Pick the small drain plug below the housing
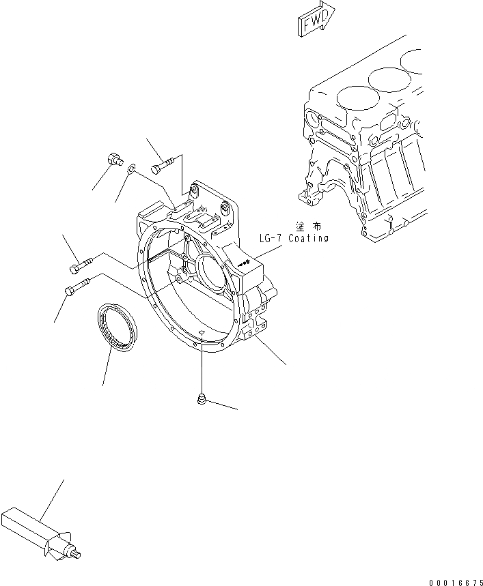(x=202, y=399)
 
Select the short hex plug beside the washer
(x=115, y=161)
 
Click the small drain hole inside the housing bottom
(x=203, y=332)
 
